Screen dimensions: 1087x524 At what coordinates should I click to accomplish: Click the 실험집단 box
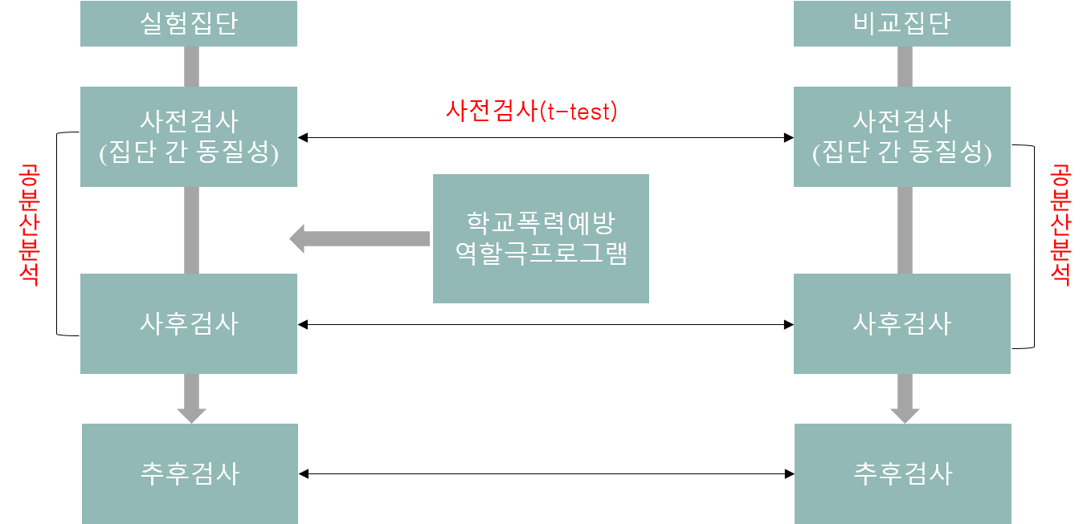[x=189, y=23]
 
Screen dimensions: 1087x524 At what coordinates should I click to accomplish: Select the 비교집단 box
[x=901, y=23]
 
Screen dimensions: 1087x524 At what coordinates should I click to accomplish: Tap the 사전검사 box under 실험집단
[x=189, y=136]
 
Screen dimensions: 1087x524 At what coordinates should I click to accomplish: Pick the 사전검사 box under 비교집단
[x=901, y=136]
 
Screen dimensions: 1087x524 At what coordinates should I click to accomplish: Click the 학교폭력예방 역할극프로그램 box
[x=541, y=238]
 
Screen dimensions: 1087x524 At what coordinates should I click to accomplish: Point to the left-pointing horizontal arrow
[x=359, y=238]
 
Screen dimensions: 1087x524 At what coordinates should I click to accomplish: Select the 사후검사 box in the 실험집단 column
[x=189, y=323]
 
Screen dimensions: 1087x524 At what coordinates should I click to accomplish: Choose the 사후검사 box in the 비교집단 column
[x=901, y=323]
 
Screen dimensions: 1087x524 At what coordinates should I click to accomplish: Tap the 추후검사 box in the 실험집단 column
[x=190, y=473]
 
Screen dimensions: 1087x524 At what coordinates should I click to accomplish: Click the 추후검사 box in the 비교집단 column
[x=902, y=473]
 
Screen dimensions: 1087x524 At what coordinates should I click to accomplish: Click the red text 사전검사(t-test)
[x=532, y=111]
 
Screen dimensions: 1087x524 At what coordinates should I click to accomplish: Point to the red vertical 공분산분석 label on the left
[x=30, y=225]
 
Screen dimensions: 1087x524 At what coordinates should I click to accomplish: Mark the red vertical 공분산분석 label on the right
[x=1060, y=225]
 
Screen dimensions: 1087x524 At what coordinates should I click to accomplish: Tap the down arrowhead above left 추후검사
[x=191, y=414]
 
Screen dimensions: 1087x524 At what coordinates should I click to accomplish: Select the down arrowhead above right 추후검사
[x=905, y=414]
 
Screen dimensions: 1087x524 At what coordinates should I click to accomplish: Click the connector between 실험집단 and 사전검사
[x=191, y=67]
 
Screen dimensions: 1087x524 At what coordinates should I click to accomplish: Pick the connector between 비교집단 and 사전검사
[x=905, y=67]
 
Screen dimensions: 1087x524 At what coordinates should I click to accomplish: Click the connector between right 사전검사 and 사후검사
[x=905, y=230]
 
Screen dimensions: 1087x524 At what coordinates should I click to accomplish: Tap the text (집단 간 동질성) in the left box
[x=189, y=152]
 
